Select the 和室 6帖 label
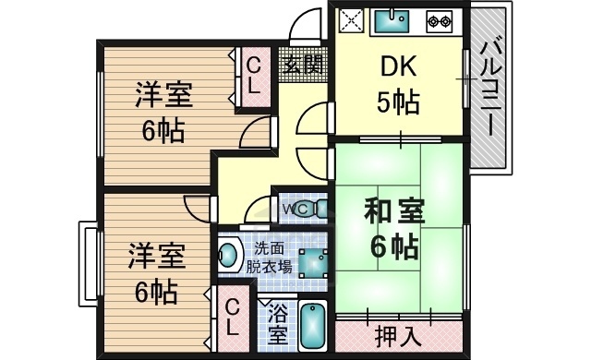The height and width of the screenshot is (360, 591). pyautogui.click(x=396, y=228)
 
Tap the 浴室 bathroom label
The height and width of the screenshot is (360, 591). pyautogui.click(x=276, y=324)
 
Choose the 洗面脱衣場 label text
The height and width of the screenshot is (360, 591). pyautogui.click(x=269, y=258)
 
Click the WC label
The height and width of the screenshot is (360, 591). pyautogui.click(x=295, y=209)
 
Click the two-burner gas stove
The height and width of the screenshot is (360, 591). pyautogui.click(x=438, y=20)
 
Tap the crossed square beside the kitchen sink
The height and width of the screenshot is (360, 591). pyautogui.click(x=353, y=20)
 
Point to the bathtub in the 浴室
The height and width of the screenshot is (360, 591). pyautogui.click(x=315, y=325)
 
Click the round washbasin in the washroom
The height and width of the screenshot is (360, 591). pyautogui.click(x=228, y=256)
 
